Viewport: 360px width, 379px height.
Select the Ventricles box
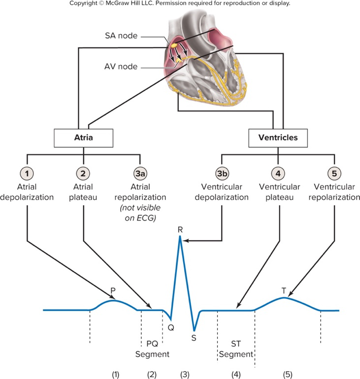278,138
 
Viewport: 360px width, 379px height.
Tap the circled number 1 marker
27,173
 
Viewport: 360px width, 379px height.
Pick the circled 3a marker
140,173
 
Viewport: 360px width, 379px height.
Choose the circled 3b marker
221,173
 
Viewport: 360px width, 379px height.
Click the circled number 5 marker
334,173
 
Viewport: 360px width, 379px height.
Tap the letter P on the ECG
113,291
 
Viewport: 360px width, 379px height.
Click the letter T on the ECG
283,290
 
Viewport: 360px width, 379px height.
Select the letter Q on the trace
171,326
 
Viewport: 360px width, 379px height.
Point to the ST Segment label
236,349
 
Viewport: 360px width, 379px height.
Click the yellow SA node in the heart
174,45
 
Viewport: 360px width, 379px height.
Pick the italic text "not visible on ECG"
140,212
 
